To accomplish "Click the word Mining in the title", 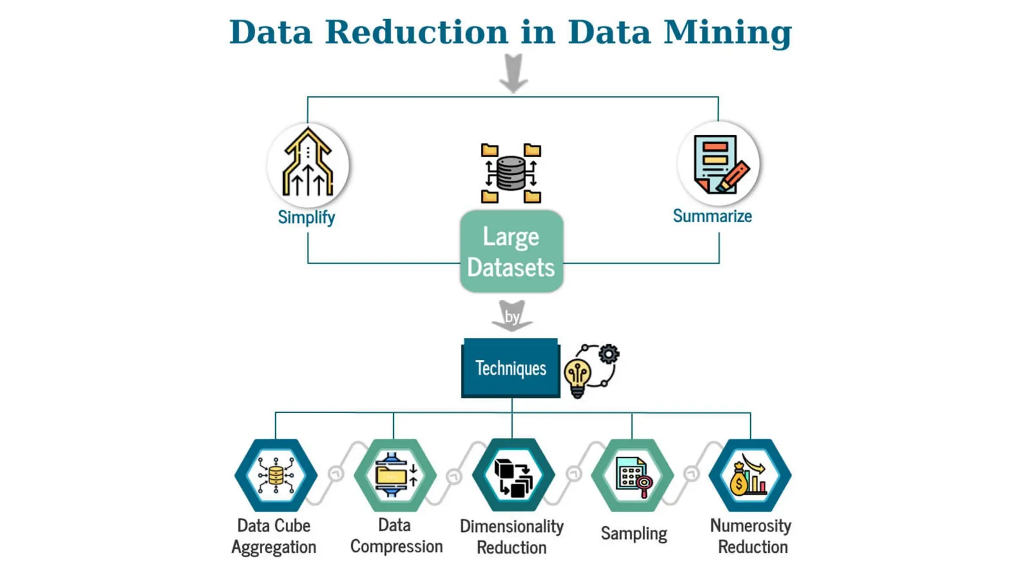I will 728,33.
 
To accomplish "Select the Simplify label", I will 306,218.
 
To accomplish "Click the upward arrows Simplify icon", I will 307,164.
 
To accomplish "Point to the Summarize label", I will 712,216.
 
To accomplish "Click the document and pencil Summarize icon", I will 718,164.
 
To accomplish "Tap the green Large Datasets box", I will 511,251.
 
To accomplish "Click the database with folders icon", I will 511,173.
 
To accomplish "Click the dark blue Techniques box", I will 510,368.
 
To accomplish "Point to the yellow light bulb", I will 578,377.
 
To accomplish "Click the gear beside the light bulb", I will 609,354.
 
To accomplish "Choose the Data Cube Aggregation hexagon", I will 275,475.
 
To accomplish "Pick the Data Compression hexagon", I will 395,475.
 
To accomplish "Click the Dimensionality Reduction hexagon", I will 513,475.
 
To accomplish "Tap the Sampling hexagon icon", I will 633,475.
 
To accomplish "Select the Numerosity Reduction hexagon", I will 750,475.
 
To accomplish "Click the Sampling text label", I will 634,533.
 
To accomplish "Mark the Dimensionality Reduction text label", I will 511,537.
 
